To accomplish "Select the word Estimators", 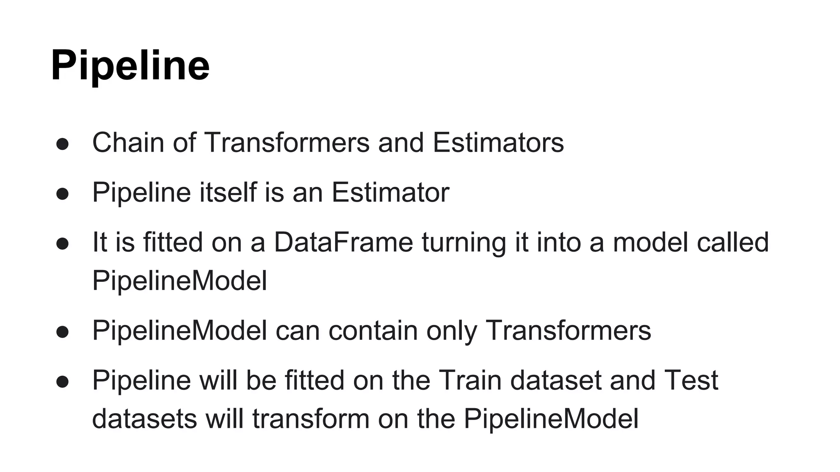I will [x=498, y=143].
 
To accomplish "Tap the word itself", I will [x=228, y=192].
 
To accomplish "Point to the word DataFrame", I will [x=343, y=242].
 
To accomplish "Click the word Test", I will [x=691, y=380].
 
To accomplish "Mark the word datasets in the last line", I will [x=144, y=419].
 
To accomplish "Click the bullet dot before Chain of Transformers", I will [x=62, y=144].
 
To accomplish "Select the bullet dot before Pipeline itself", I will [x=62, y=194].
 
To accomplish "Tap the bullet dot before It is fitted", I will [x=62, y=244].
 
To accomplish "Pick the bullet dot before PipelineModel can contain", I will [x=62, y=332].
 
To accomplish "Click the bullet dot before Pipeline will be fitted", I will [x=62, y=382].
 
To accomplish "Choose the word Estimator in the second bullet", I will [x=390, y=192].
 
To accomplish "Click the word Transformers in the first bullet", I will [x=286, y=143].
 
